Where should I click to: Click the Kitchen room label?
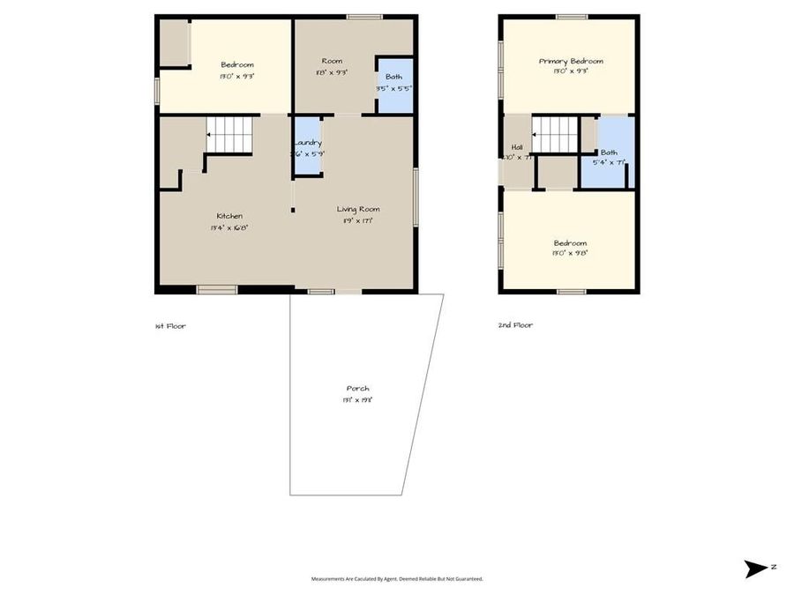click(230, 216)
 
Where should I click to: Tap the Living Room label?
click(357, 209)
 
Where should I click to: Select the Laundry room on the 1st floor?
click(307, 147)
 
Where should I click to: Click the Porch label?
click(357, 388)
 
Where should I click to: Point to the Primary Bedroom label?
click(571, 61)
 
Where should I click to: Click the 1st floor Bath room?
click(393, 83)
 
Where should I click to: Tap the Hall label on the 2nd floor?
click(516, 147)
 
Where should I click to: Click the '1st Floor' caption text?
click(170, 325)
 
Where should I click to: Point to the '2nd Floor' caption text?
click(515, 324)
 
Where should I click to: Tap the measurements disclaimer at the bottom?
click(396, 579)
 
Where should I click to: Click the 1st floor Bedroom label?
click(237, 64)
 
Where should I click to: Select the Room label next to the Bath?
click(331, 61)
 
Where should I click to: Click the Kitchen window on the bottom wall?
click(216, 289)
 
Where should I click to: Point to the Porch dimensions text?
click(357, 399)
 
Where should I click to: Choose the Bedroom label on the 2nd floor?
click(570, 242)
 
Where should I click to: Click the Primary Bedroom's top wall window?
click(572, 16)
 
